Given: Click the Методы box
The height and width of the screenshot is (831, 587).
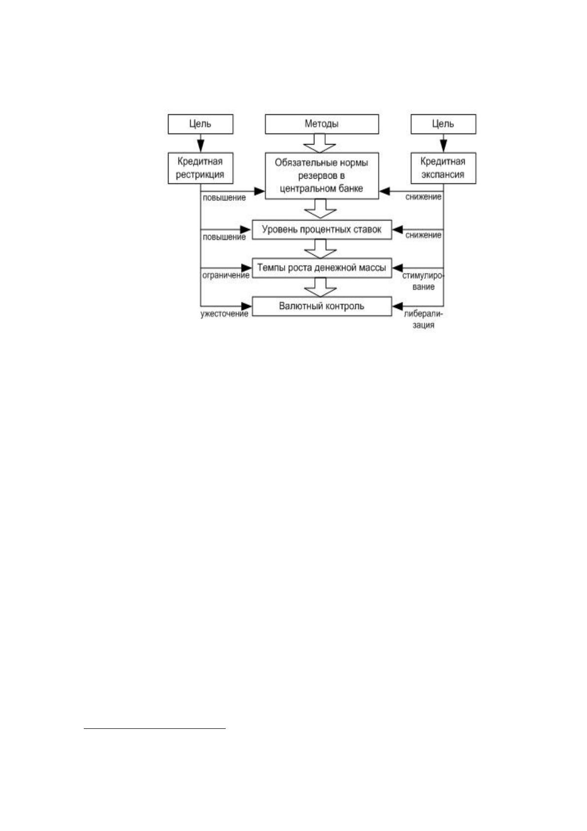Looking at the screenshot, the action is (322, 124).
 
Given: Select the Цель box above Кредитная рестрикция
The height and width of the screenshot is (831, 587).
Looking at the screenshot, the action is (201, 124).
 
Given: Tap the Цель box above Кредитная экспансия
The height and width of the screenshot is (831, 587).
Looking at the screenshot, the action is (443, 124).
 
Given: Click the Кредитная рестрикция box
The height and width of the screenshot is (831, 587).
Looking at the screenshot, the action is (201, 168).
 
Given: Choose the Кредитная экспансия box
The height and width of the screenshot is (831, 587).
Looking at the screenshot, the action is (443, 168).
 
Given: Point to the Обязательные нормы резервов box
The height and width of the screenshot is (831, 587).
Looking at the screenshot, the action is (322, 176).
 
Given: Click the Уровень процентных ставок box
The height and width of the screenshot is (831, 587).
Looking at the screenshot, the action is (322, 229).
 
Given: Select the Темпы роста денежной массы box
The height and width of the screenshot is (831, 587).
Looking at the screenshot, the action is (322, 268).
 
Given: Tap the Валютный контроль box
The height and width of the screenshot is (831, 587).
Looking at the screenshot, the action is (322, 306).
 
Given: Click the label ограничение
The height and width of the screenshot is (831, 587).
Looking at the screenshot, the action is (226, 276).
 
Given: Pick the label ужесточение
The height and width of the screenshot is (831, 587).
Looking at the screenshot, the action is (224, 314).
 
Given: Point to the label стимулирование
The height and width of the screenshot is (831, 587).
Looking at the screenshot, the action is (423, 282).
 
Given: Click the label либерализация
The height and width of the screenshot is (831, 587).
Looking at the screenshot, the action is (423, 320).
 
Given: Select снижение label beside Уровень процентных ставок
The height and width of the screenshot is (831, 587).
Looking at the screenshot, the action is (423, 235).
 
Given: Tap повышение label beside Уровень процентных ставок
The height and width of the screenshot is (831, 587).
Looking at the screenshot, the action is (224, 237).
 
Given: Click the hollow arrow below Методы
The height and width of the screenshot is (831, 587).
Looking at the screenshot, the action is (320, 143).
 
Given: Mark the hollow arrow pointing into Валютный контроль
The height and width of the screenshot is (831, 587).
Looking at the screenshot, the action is (320, 287).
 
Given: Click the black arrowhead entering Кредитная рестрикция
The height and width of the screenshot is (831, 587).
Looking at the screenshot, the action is (201, 146).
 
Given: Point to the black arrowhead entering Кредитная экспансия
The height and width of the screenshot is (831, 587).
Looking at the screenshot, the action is (444, 146).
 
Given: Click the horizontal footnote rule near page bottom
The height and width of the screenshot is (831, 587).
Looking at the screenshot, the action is (155, 739).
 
